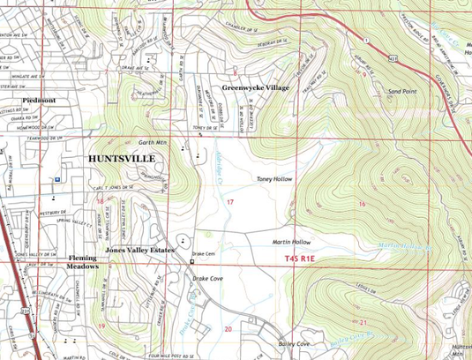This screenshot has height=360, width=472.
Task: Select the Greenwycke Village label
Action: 256,88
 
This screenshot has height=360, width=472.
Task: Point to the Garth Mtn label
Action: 152,141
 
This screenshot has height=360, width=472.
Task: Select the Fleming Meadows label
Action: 84,262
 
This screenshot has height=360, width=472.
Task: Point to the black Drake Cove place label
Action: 208,278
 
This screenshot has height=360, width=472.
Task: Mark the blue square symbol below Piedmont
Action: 58,178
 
